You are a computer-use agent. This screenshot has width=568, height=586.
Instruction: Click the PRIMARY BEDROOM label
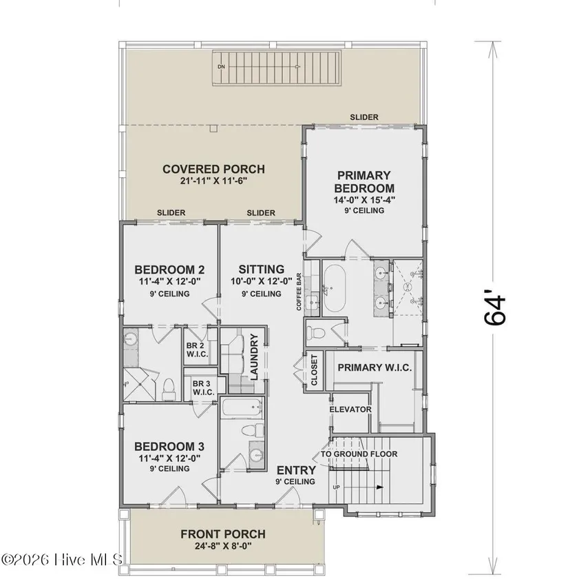tap(364, 181)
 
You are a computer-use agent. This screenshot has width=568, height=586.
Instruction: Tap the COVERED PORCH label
tap(214, 169)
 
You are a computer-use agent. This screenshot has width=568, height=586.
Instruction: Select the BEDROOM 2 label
tap(169, 270)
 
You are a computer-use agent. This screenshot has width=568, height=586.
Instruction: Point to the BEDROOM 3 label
tap(169, 446)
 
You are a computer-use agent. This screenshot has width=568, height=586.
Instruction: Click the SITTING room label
tap(261, 269)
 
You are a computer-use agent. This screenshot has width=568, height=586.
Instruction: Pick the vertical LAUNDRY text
tap(254, 357)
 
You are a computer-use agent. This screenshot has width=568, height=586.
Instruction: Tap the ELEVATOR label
tap(350, 410)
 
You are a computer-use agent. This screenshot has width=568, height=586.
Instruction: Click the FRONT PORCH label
tap(223, 534)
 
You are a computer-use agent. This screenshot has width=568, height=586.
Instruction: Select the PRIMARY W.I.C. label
tap(375, 367)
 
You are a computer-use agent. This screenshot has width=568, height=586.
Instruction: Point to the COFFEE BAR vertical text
tap(299, 292)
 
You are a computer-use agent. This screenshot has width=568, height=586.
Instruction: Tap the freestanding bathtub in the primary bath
tap(334, 288)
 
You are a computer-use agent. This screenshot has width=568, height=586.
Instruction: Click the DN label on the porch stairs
tap(222, 66)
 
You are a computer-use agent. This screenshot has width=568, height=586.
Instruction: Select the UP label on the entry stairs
tap(336, 487)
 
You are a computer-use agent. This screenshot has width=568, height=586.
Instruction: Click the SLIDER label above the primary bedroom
tap(364, 117)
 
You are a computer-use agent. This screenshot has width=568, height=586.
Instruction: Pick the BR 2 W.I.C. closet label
tap(198, 350)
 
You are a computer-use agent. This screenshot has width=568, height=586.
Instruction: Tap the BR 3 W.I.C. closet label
tap(203, 388)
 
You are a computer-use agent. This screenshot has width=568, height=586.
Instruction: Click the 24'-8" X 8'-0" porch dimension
tap(223, 546)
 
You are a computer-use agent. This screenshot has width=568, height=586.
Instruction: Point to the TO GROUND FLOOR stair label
tap(359, 454)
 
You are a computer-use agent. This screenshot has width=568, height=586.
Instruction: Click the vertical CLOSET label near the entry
tap(314, 370)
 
